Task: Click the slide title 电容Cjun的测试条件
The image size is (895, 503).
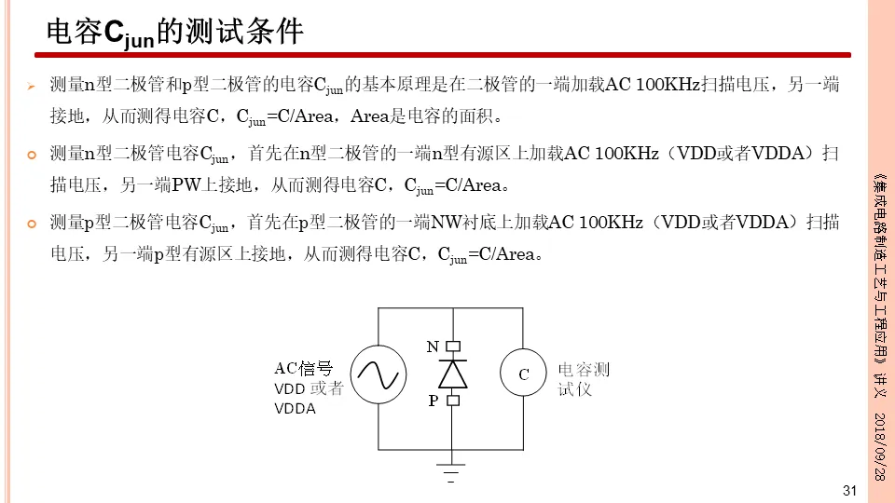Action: click(x=175, y=32)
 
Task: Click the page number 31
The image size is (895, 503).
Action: click(x=848, y=491)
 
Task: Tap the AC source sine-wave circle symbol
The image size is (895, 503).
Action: click(x=378, y=374)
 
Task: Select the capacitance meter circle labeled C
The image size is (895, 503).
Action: click(x=524, y=374)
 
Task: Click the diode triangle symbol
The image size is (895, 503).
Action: click(x=452, y=373)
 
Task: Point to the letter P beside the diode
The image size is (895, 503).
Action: click(x=434, y=401)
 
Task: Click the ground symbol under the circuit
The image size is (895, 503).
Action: click(x=452, y=463)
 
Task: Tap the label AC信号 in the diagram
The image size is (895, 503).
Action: click(x=303, y=368)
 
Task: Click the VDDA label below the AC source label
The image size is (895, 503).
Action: click(x=295, y=409)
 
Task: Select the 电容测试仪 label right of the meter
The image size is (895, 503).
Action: click(x=583, y=378)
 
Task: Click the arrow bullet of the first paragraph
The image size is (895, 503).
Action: click(x=30, y=87)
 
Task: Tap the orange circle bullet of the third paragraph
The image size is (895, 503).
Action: click(x=30, y=224)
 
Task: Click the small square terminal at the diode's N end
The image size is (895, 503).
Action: click(x=452, y=347)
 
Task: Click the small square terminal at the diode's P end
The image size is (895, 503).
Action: click(x=452, y=401)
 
